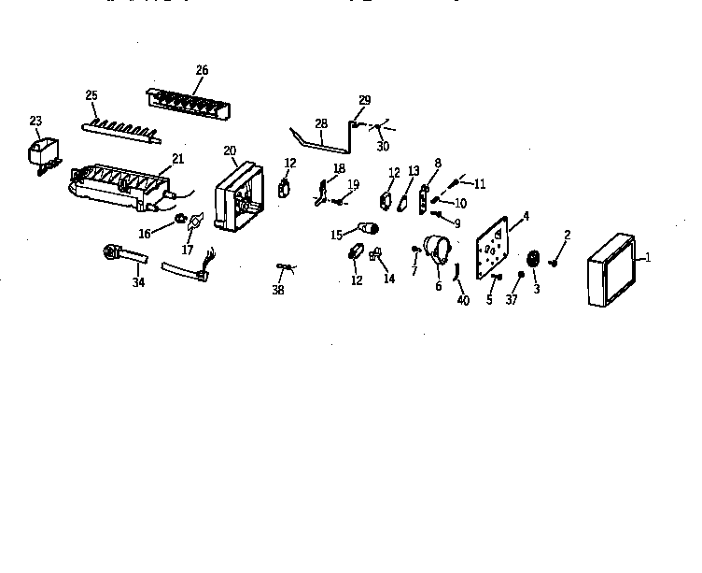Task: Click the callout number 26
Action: (202, 71)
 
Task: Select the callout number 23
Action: (35, 121)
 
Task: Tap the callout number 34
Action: (138, 281)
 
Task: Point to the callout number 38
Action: (277, 291)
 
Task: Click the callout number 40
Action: (463, 300)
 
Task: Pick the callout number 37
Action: (512, 300)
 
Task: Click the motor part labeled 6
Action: (438, 250)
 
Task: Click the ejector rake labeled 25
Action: (121, 127)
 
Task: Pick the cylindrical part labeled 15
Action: (370, 227)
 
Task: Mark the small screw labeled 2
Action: (554, 263)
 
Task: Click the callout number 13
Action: (414, 171)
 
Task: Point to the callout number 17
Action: (187, 250)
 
